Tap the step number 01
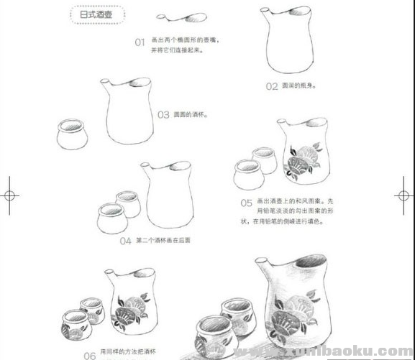[x=140, y=42]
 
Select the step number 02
[x=271, y=86]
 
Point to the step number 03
[x=163, y=114]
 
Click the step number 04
[x=125, y=241]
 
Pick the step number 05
[x=246, y=203]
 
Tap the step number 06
[x=89, y=355]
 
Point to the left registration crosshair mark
[x=9, y=195]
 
